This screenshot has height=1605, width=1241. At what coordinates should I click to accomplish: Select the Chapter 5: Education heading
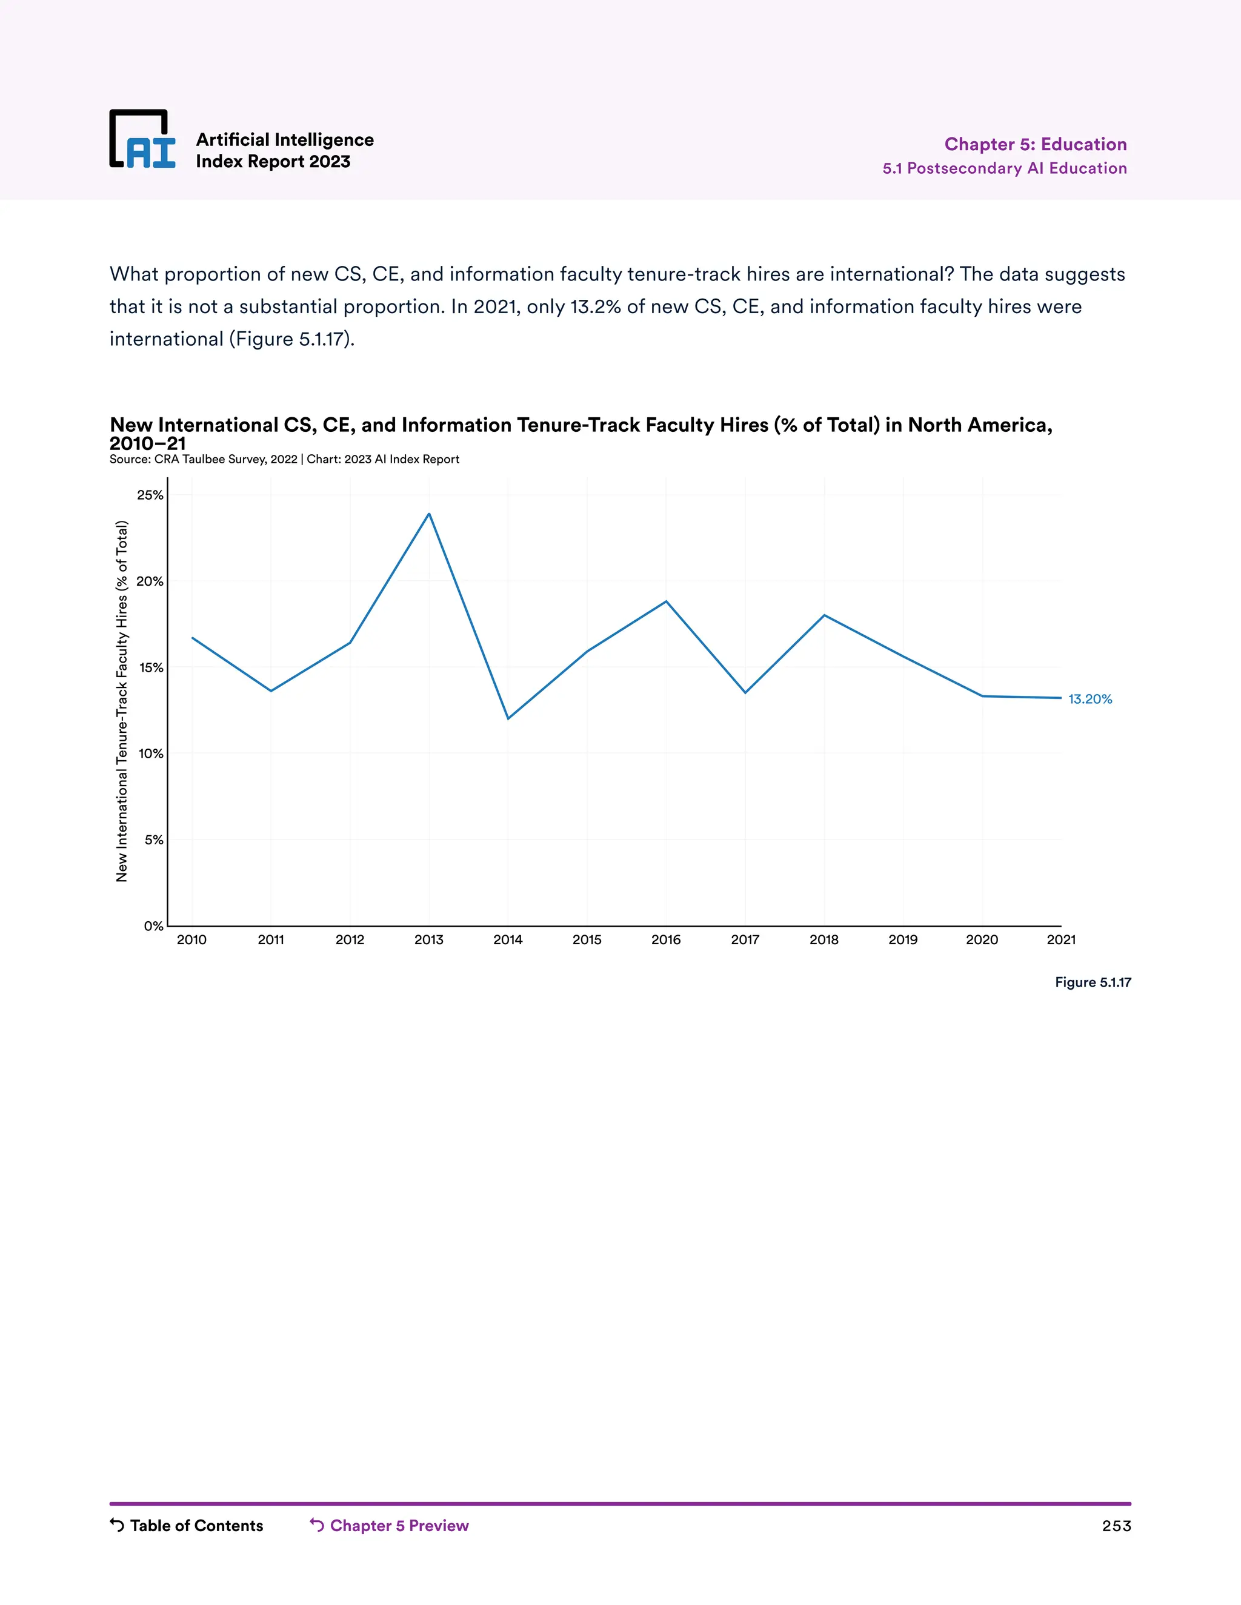[1035, 144]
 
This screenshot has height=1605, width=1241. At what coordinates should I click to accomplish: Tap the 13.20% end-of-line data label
[1090, 699]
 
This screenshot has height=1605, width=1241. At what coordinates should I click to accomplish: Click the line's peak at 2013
[430, 514]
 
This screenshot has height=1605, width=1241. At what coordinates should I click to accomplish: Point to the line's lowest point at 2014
[508, 718]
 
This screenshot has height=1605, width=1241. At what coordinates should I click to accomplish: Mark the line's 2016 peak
[666, 601]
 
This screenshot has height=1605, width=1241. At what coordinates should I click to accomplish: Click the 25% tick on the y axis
[151, 495]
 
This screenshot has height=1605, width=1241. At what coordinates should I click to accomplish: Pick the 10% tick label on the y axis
[151, 754]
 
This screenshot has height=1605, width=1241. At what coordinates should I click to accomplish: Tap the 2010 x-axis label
[192, 940]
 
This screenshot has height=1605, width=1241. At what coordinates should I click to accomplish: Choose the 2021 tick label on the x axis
[1061, 940]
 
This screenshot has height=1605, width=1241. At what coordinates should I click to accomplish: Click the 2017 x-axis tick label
[745, 940]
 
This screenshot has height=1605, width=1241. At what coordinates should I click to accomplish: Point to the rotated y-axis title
[122, 701]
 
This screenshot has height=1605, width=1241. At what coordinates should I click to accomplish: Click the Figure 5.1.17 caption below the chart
[1093, 982]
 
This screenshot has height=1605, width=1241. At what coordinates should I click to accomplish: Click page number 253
[1116, 1526]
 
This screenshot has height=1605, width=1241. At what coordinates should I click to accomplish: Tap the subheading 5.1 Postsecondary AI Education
[1004, 168]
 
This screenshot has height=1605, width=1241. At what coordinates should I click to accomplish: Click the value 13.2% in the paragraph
[596, 306]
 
